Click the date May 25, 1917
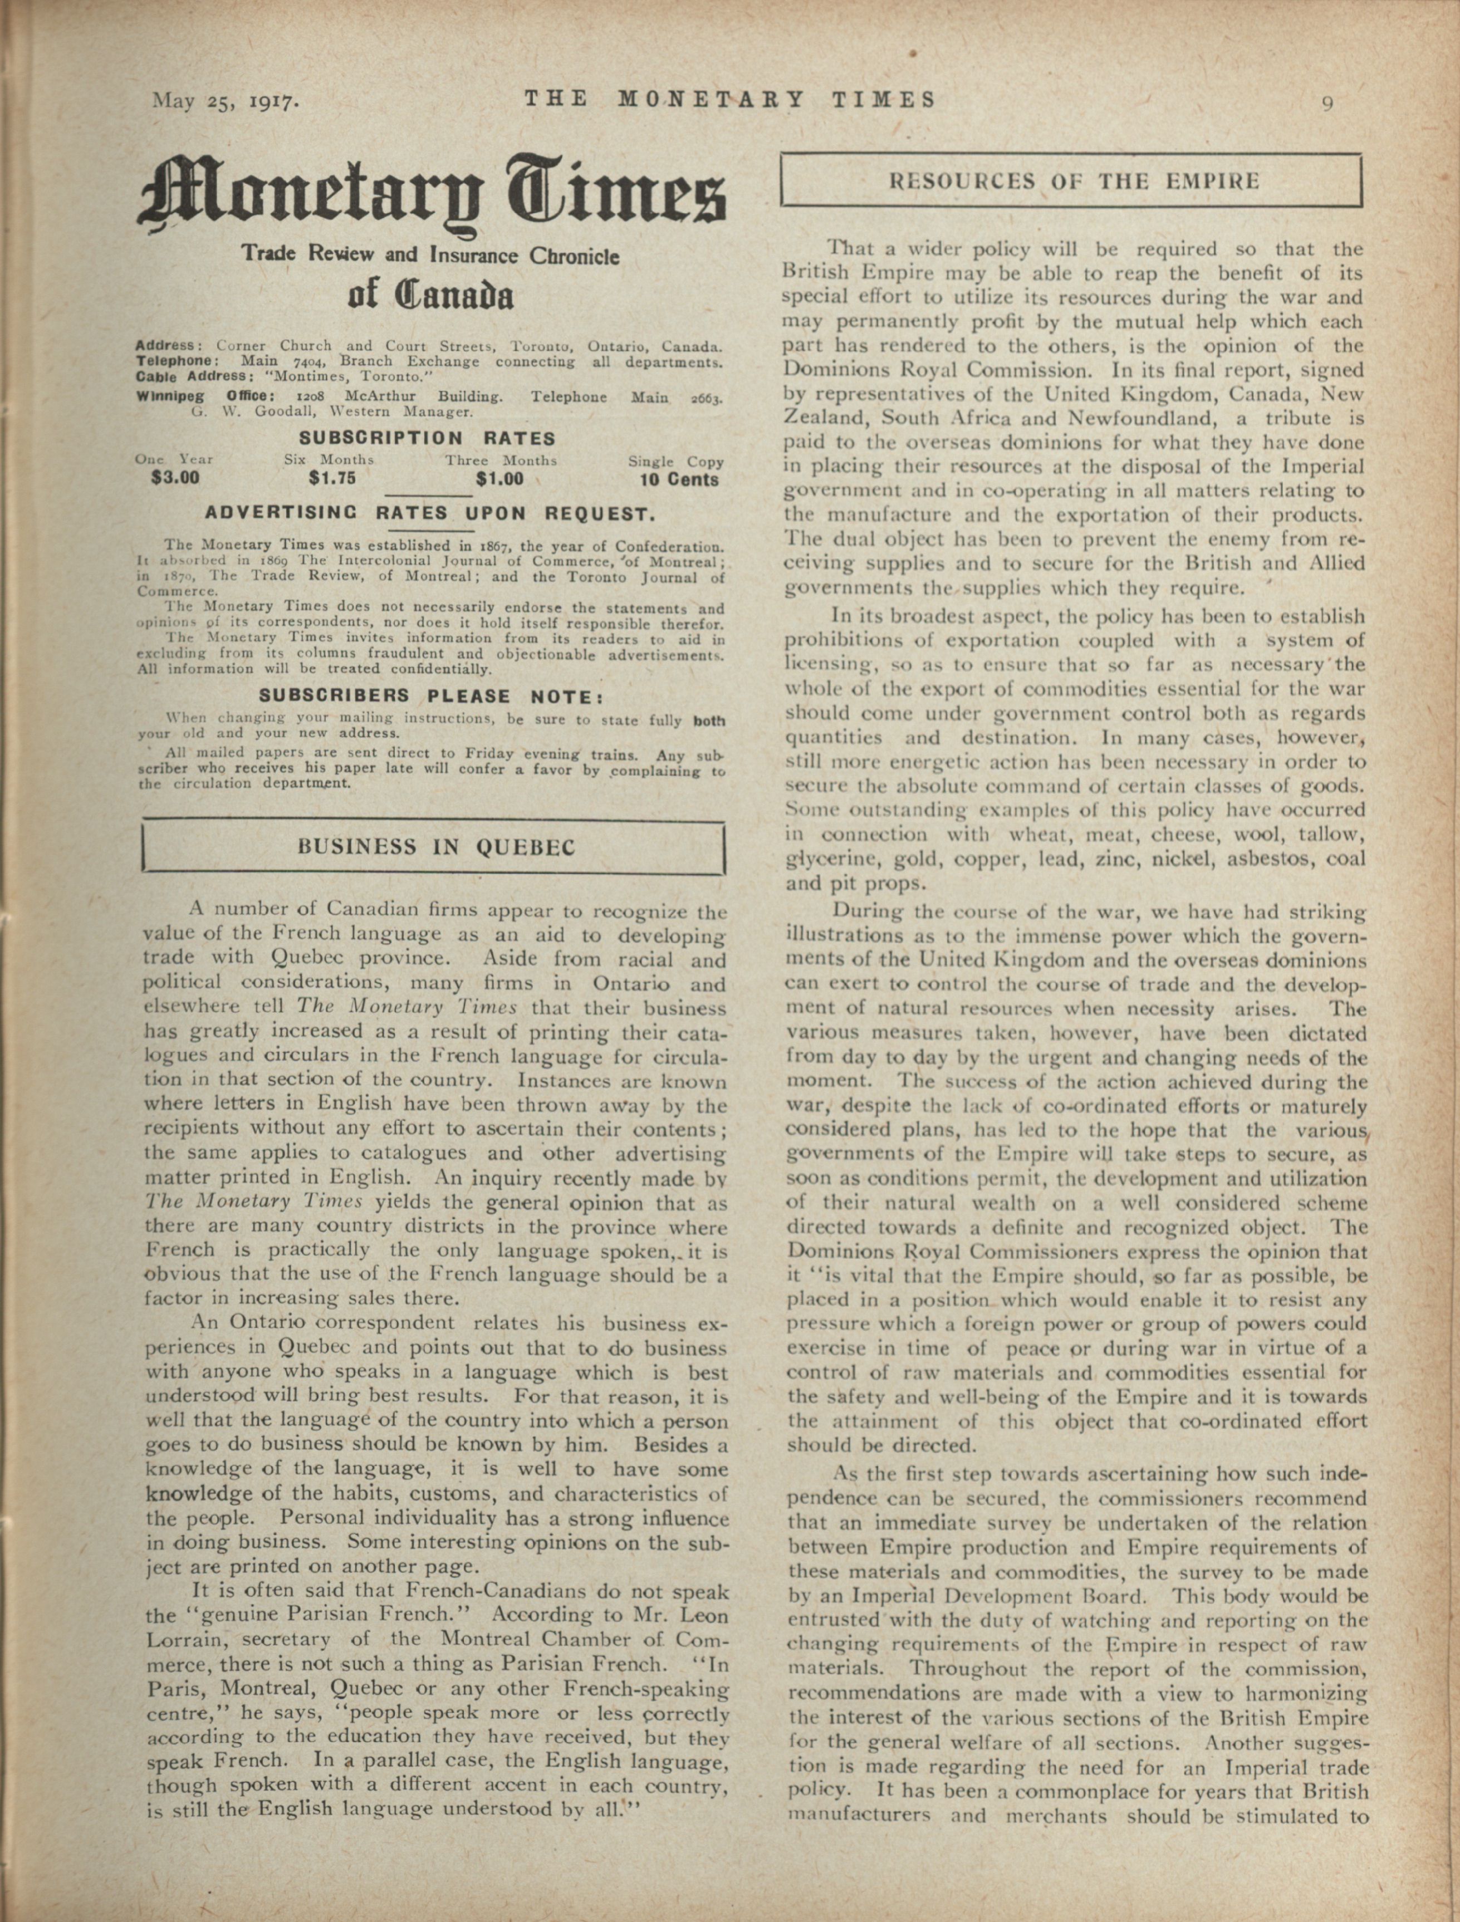[226, 101]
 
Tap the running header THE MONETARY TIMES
[730, 100]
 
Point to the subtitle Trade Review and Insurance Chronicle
[430, 256]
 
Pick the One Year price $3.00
[175, 478]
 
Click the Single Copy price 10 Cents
[679, 479]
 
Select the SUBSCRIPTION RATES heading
[427, 438]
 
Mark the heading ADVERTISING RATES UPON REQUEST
[429, 513]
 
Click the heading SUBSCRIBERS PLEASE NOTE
[430, 696]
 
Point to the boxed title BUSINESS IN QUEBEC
[435, 847]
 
